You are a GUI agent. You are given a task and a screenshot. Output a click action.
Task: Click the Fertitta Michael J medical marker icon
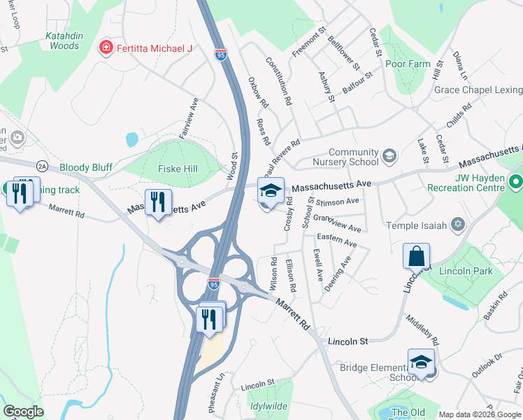[106, 48]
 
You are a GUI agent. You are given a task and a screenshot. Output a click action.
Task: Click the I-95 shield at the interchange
[213, 284]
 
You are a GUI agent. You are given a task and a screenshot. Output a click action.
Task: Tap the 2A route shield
[43, 166]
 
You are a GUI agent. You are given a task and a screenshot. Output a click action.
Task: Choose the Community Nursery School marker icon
[389, 155]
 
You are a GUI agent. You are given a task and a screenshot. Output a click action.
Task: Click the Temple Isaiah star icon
[458, 225]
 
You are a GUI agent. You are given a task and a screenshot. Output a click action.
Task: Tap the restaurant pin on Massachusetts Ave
[157, 203]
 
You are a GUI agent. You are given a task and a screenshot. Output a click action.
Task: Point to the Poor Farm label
[408, 64]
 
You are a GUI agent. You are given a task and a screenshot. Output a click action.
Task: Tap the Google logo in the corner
[24, 412]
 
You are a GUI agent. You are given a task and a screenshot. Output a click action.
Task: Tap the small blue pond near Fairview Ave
[131, 139]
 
